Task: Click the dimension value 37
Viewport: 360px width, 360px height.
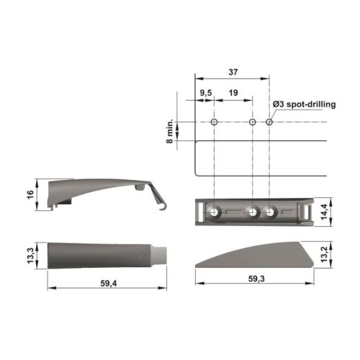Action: [x=233, y=72]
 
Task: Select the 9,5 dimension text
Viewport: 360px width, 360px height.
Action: [x=206, y=93]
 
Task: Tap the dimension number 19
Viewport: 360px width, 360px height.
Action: [x=233, y=93]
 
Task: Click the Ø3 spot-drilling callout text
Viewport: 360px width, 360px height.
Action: [x=304, y=104]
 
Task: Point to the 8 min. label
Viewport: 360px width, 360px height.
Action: [x=169, y=131]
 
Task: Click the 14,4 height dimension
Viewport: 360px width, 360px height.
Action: [x=324, y=212]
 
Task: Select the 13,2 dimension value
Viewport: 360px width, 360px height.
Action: [x=324, y=254]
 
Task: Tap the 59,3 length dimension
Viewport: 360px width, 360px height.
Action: [x=256, y=279]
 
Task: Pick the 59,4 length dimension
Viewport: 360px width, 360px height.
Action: [x=109, y=284]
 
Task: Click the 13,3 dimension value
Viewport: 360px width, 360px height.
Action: [x=31, y=256]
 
